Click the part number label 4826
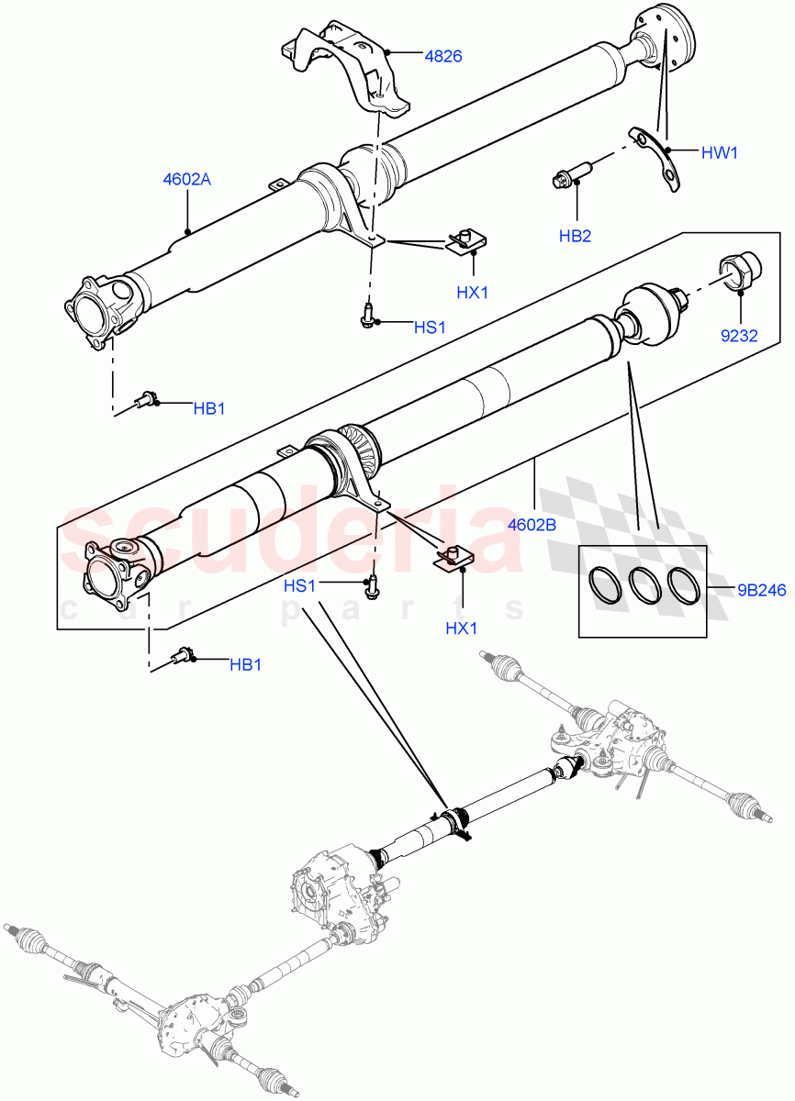coord(443,56)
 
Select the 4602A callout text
coord(186,180)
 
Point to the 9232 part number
coord(738,335)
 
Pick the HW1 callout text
coord(719,152)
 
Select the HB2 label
coord(575,236)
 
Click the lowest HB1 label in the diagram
coord(245,664)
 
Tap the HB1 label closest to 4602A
coord(209,408)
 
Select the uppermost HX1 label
coord(472,293)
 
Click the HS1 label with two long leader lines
coord(300,585)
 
